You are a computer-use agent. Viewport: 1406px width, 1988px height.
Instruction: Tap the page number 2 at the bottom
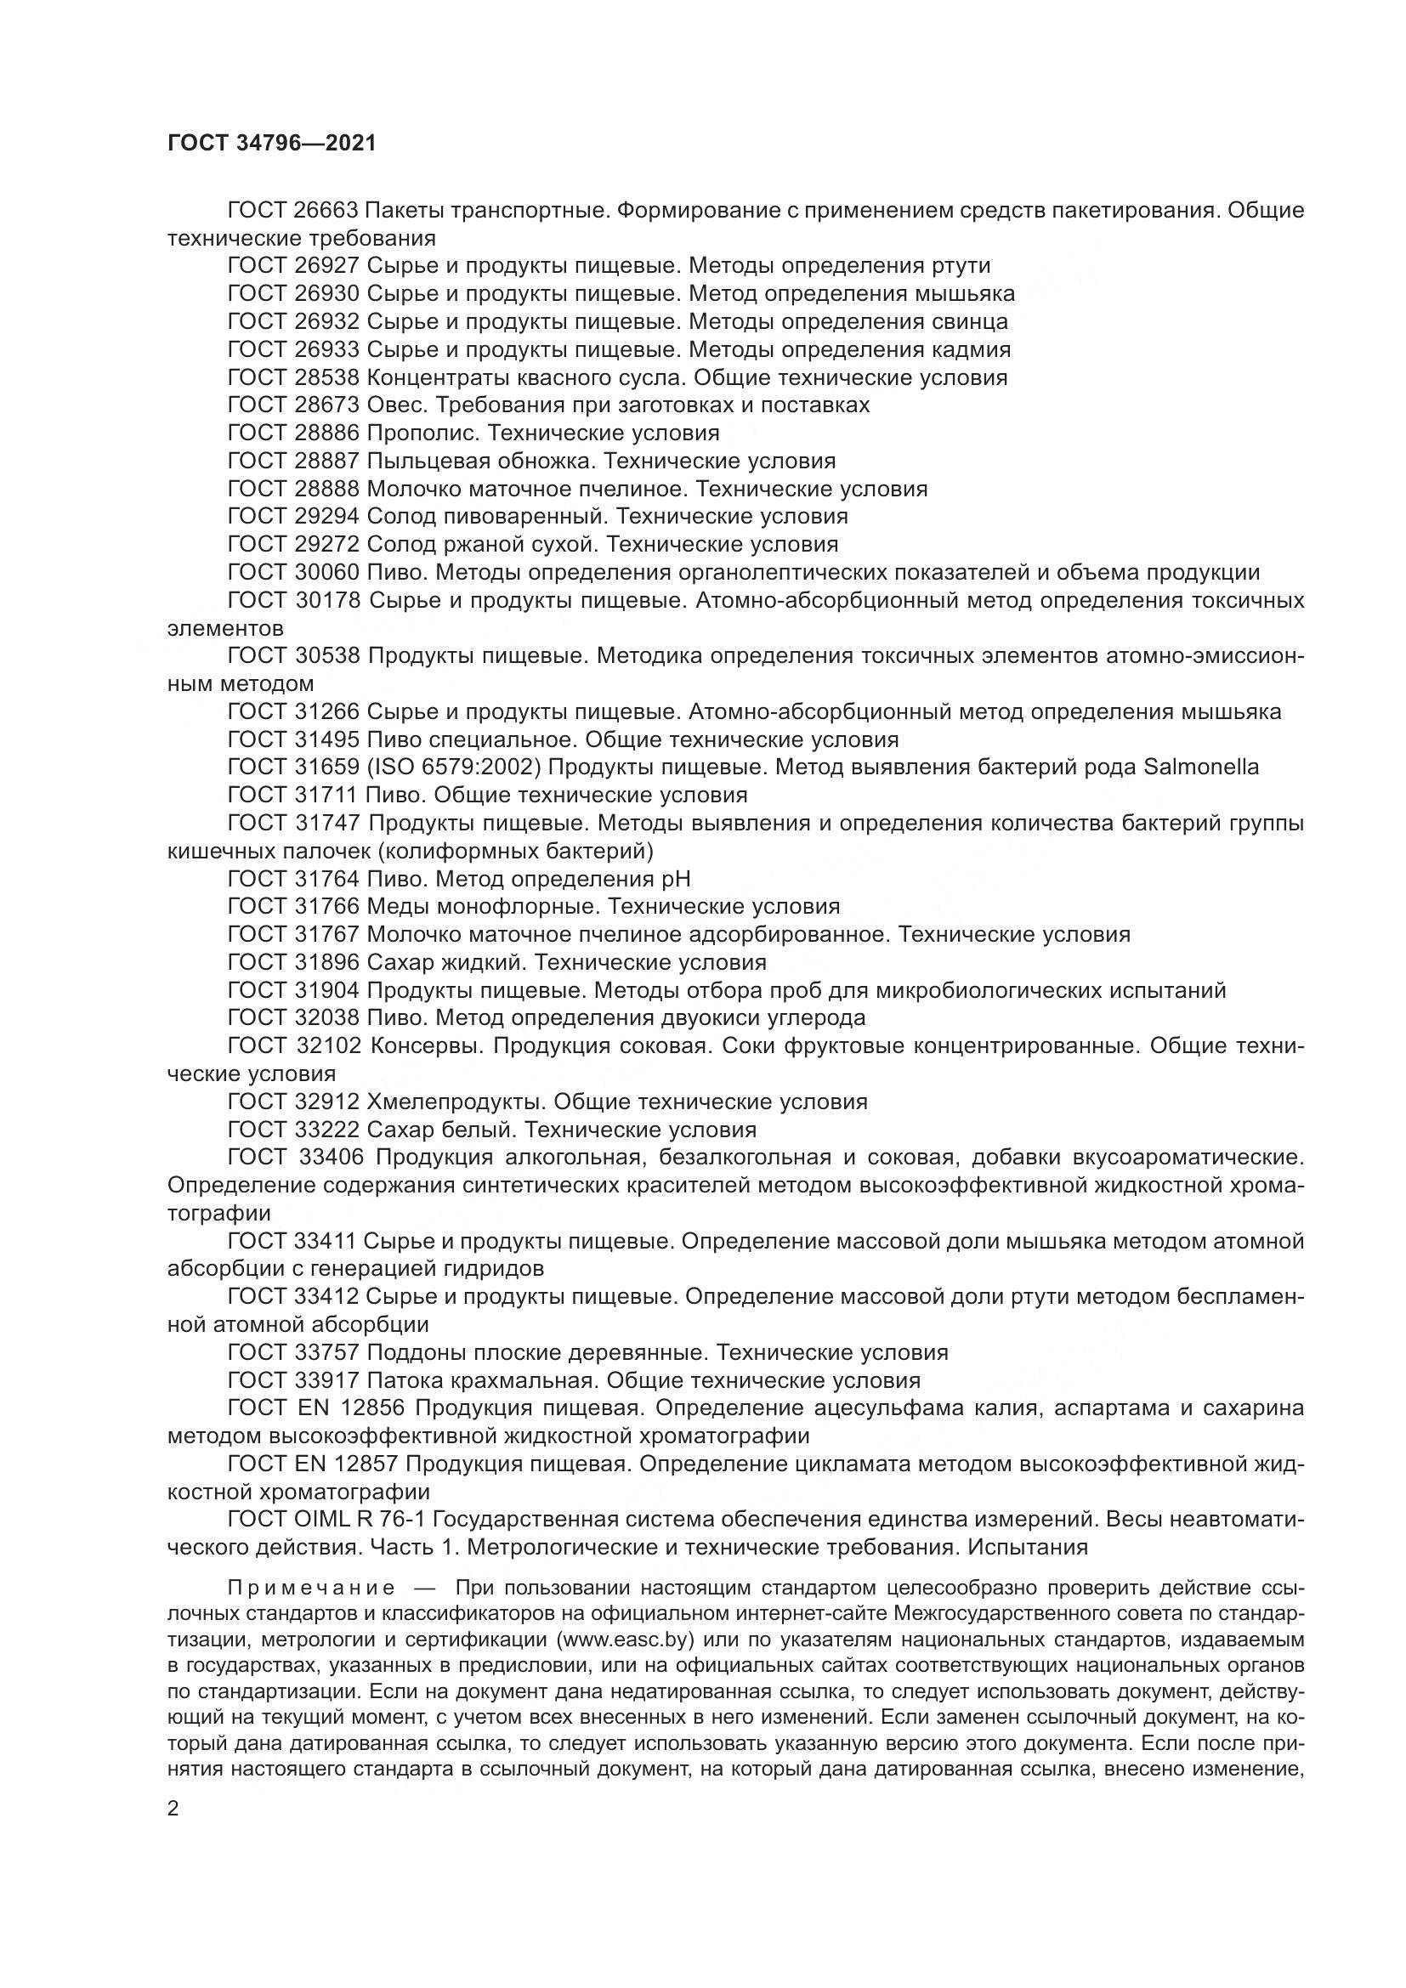coord(173,1809)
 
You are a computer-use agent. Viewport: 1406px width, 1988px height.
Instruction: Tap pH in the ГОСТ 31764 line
coord(675,880)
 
